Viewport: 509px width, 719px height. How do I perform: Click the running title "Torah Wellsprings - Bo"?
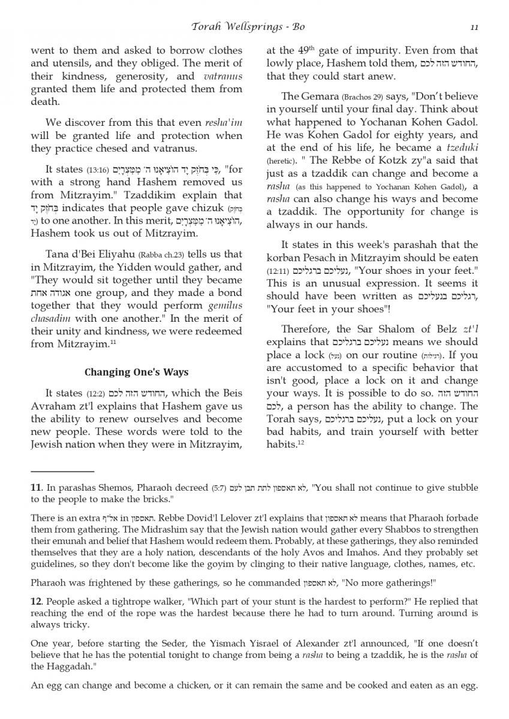254,26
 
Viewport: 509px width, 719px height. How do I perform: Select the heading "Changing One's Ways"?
136,371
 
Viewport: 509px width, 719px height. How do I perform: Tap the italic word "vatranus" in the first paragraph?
222,76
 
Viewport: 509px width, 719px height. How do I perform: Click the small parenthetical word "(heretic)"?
281,161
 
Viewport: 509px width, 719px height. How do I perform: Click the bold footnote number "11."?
36,487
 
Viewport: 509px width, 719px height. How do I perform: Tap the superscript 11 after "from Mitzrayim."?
112,342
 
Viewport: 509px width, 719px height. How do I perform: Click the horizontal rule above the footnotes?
62,472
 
